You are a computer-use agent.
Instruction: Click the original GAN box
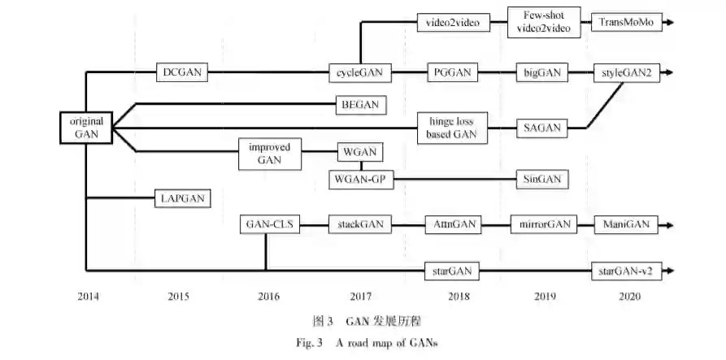tap(85, 127)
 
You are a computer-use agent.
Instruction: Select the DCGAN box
tap(181, 73)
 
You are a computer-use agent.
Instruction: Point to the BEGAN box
tap(361, 104)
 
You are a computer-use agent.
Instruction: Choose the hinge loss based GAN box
tap(451, 128)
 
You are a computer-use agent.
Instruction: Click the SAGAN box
tap(539, 128)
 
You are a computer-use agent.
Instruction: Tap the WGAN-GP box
tap(361, 178)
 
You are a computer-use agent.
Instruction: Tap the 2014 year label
tap(88, 297)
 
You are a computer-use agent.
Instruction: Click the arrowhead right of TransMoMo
tap(668, 23)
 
